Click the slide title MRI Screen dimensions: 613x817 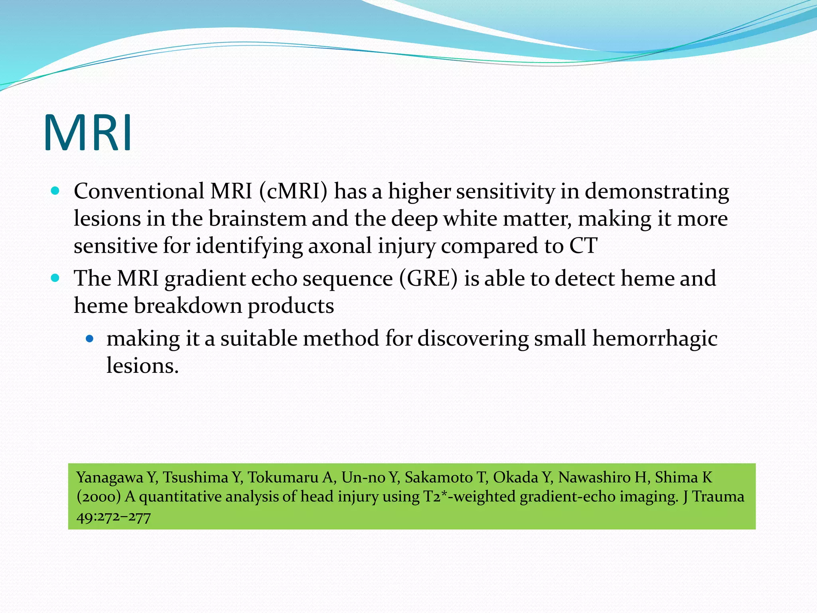point(88,133)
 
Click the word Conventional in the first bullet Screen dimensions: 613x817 point(139,191)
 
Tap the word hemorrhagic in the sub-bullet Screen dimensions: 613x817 point(655,338)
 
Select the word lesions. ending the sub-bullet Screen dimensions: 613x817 point(142,366)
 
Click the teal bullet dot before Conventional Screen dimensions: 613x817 point(55,191)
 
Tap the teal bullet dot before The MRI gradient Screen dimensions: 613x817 point(55,278)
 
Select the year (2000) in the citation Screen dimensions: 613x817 point(99,497)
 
